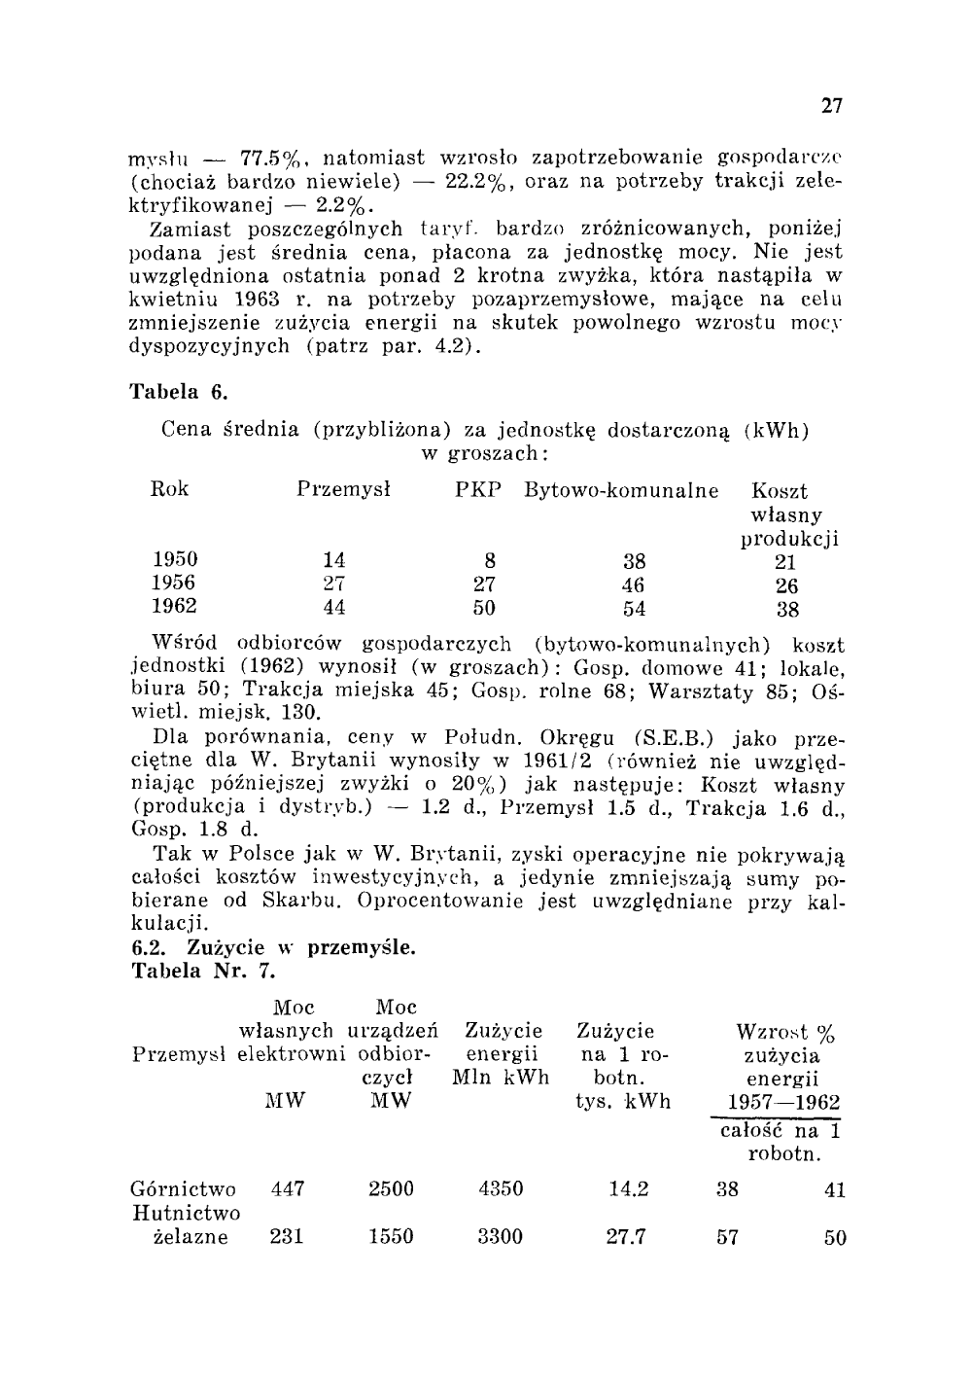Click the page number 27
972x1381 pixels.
point(831,105)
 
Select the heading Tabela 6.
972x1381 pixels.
point(179,393)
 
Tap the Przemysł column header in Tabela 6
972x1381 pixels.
point(343,490)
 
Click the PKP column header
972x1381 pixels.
point(478,490)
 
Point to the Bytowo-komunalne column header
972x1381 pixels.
point(621,490)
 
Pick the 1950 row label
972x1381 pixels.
point(175,559)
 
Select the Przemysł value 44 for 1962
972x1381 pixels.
point(333,608)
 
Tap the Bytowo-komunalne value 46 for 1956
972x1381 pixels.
point(633,585)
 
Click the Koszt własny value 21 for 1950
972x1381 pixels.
point(786,561)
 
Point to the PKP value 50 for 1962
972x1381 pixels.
point(484,609)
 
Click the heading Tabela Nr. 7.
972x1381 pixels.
point(202,971)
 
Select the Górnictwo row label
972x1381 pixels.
point(183,1189)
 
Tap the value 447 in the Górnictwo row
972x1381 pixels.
point(287,1188)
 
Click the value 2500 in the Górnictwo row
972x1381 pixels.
point(391,1188)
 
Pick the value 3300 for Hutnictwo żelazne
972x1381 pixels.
point(500,1237)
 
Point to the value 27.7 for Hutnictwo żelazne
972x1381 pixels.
point(627,1237)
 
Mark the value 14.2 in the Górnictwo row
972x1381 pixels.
point(627,1188)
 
